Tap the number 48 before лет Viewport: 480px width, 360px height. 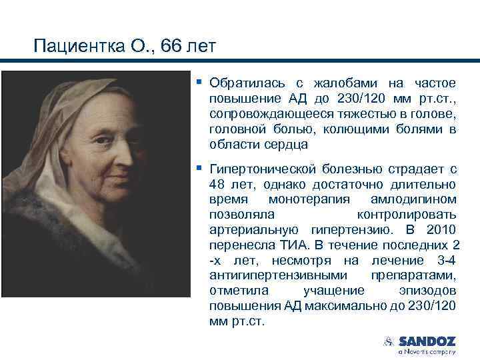217,185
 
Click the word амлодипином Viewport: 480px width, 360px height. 418,200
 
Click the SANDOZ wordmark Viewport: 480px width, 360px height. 427,341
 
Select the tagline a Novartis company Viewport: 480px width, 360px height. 427,351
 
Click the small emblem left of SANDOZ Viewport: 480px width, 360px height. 388,342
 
